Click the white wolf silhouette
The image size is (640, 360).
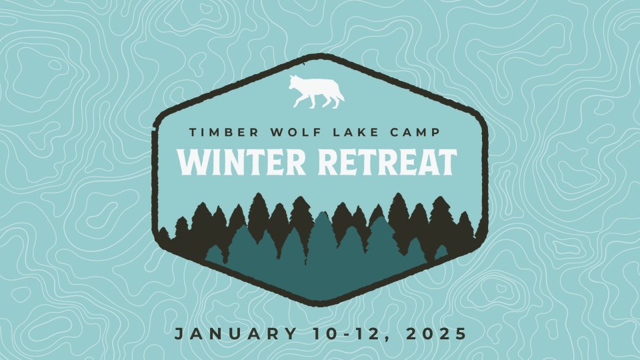315,92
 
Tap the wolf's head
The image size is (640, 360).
295,82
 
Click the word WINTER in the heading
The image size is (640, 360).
241,162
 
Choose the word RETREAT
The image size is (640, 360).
387,162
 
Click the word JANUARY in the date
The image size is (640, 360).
236,334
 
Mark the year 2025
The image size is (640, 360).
436,334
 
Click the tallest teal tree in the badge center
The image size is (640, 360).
323,245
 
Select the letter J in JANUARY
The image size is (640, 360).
179,334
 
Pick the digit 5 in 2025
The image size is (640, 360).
461,334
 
